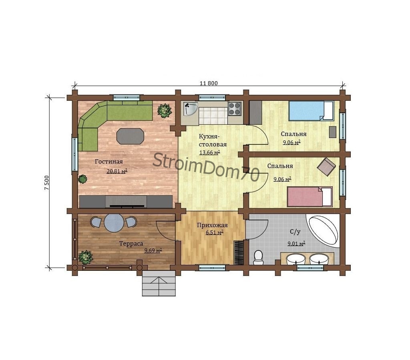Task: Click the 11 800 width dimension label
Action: coord(209,83)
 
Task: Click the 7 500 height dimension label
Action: coord(46,183)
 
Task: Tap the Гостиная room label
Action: coord(109,162)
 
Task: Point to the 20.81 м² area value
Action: coord(117,171)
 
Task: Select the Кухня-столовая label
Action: coord(213,140)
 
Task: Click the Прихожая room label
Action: coord(212,225)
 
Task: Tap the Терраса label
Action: coord(131,244)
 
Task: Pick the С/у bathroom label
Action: coord(295,232)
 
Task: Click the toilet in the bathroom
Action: coord(258,258)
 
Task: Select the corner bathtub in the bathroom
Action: coord(324,230)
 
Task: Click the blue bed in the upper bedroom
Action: coord(311,111)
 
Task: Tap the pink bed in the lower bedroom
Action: coord(310,197)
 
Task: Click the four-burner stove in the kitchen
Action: coord(234,109)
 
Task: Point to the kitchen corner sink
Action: coord(190,109)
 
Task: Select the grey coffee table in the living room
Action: coord(130,136)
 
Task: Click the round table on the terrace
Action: coord(114,223)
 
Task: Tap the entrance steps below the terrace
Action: coord(159,283)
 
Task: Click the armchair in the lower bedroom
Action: coord(326,167)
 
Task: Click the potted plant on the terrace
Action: coord(86,257)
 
